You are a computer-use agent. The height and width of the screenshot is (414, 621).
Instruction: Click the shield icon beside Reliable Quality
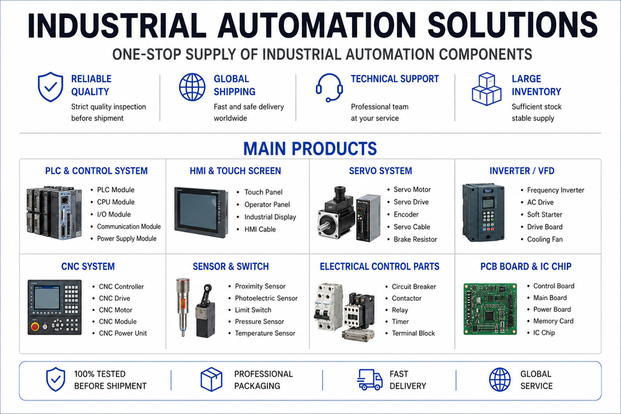pyautogui.click(x=50, y=87)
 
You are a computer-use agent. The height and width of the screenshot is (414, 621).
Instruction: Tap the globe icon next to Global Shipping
pyautogui.click(x=192, y=87)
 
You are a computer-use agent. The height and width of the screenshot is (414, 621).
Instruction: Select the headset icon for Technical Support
pyautogui.click(x=329, y=87)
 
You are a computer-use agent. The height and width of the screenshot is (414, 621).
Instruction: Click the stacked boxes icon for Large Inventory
pyautogui.click(x=486, y=89)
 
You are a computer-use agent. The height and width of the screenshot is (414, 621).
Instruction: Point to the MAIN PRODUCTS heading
pyautogui.click(x=310, y=149)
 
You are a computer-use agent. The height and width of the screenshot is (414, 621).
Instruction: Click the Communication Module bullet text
pyautogui.click(x=129, y=226)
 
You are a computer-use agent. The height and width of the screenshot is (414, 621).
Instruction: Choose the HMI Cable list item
pyautogui.click(x=260, y=229)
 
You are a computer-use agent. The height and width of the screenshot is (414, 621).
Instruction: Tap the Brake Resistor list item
pyautogui.click(x=415, y=239)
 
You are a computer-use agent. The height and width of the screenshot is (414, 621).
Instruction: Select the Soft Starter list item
pyautogui.click(x=545, y=214)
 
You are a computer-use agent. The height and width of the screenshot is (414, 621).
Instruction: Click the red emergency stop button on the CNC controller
pyautogui.click(x=35, y=327)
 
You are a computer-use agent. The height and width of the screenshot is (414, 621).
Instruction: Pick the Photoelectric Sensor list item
pyautogui.click(x=266, y=298)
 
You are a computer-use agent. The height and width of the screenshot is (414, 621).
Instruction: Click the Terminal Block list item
pyautogui.click(x=413, y=333)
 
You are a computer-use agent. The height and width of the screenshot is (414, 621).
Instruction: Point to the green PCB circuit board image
pyautogui.click(x=490, y=309)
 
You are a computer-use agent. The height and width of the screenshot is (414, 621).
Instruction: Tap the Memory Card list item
pyautogui.click(x=553, y=321)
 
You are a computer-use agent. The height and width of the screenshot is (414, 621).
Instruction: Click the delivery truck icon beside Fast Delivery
pyautogui.click(x=370, y=380)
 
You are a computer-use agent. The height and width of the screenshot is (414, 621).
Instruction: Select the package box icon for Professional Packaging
pyautogui.click(x=212, y=379)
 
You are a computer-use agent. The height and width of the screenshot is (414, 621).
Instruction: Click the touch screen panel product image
pyautogui.click(x=201, y=212)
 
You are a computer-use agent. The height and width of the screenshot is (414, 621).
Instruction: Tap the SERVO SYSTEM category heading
pyautogui.click(x=380, y=171)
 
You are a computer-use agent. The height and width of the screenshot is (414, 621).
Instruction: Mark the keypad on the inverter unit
pyautogui.click(x=488, y=222)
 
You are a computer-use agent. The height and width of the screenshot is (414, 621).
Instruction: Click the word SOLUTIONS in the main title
pyautogui.click(x=512, y=25)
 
